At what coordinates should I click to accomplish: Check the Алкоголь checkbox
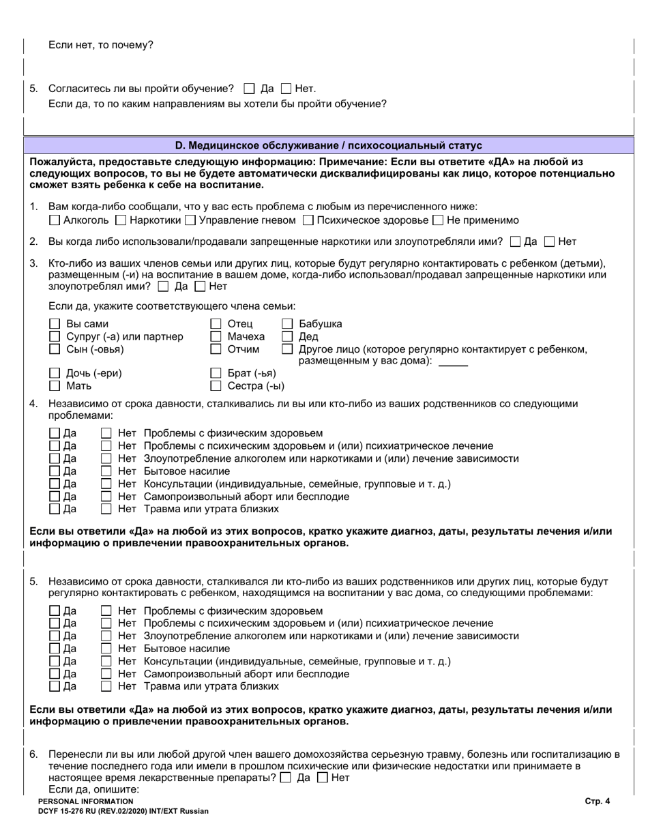(x=55, y=220)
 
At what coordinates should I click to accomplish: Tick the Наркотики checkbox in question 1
(x=121, y=220)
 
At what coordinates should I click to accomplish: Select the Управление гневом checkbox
(x=190, y=220)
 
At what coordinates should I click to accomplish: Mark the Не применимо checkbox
(x=438, y=220)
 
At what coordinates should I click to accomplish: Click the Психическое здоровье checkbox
(x=308, y=220)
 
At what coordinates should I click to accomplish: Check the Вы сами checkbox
(x=55, y=324)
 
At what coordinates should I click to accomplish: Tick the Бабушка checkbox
(x=288, y=324)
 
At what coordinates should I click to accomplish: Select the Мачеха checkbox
(x=216, y=336)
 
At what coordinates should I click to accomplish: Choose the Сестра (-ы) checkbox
(x=216, y=386)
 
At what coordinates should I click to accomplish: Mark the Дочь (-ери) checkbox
(x=55, y=374)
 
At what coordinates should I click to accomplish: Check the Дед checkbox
(x=288, y=336)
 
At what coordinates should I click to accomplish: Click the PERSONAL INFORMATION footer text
(x=86, y=801)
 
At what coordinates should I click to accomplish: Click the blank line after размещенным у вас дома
(x=453, y=362)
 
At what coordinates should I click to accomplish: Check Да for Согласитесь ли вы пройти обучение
(x=249, y=89)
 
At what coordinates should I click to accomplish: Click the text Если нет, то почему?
(x=101, y=46)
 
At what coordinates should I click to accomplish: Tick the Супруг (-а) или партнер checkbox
(x=55, y=336)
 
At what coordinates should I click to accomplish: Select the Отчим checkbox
(x=216, y=349)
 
